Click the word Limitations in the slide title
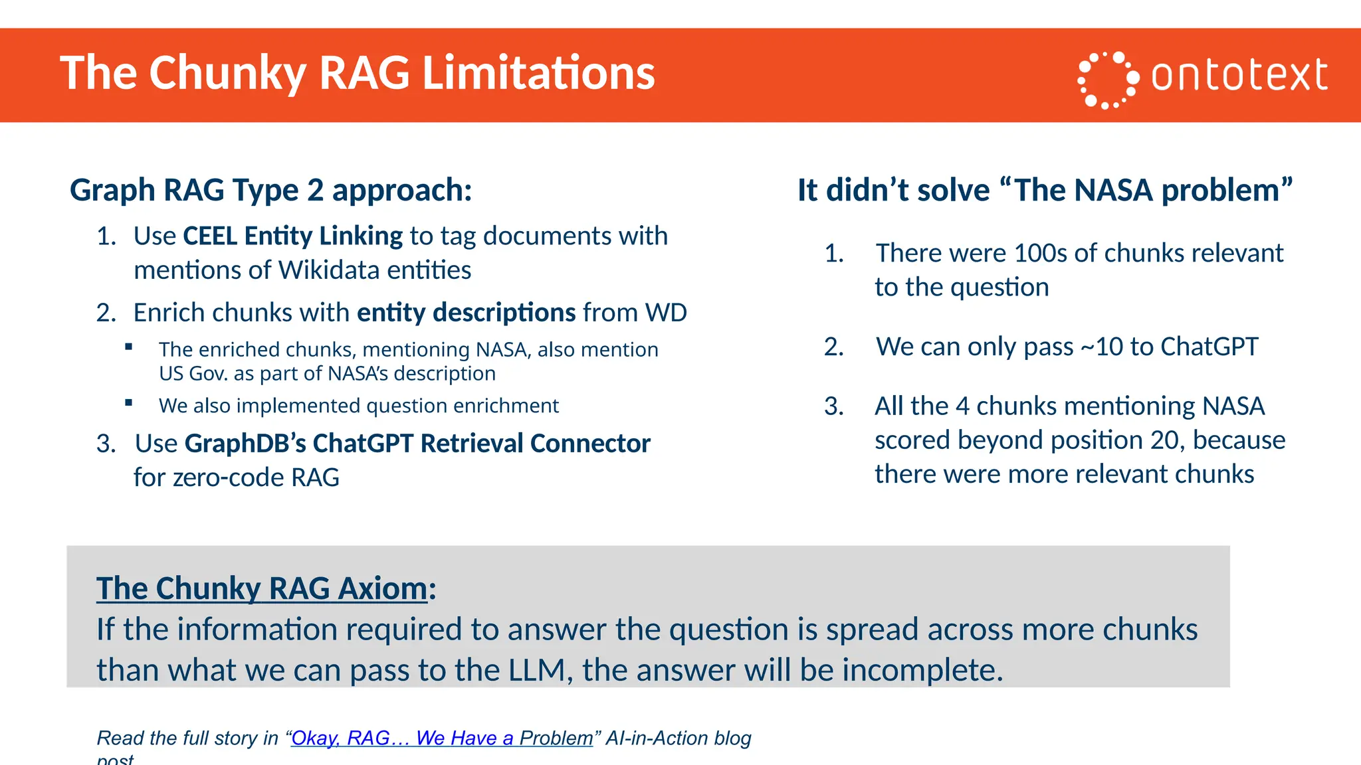[538, 73]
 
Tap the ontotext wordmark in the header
[1239, 75]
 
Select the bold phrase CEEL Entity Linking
[292, 236]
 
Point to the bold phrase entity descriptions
[466, 313]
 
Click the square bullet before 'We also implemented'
[129, 403]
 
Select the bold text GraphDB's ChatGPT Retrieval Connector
[417, 444]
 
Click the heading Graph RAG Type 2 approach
[270, 191]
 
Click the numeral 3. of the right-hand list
[833, 406]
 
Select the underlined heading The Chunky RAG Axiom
[262, 589]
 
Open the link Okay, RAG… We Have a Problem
[442, 738]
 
